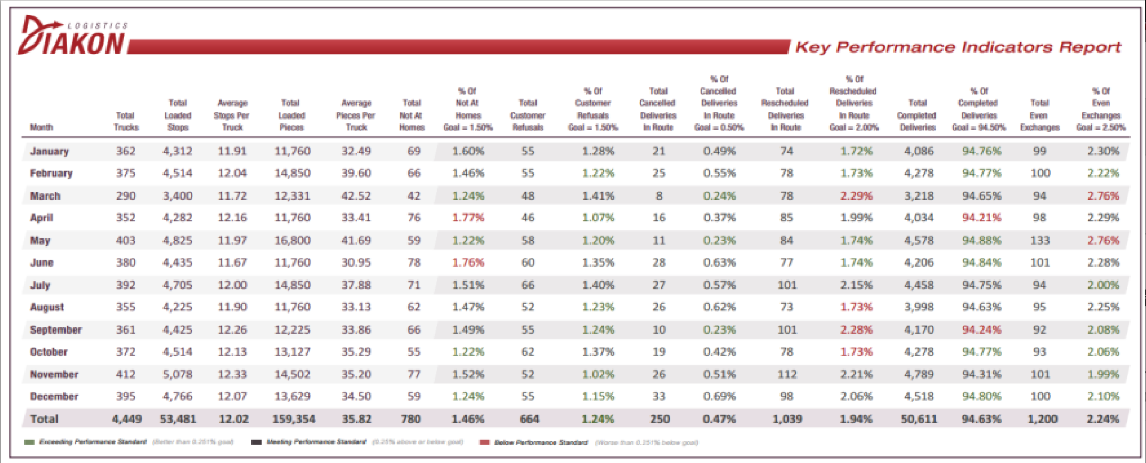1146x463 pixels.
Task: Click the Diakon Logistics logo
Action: tap(72, 37)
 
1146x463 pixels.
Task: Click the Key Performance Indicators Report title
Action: tap(958, 47)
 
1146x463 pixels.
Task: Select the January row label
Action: tap(50, 151)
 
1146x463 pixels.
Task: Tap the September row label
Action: tap(56, 330)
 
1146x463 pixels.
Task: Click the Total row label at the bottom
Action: tap(44, 419)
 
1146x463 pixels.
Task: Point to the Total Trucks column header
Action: tap(126, 121)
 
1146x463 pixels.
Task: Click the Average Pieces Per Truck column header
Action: tap(356, 115)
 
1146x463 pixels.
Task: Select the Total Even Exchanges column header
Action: tap(1040, 115)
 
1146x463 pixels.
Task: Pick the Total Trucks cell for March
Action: tap(126, 196)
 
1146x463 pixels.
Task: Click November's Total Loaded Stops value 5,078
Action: tap(178, 374)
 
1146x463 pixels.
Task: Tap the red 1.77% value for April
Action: tap(468, 218)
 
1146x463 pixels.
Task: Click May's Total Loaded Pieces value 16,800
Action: tap(292, 240)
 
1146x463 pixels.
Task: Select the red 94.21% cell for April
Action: tap(981, 218)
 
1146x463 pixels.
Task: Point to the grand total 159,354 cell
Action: tap(293, 419)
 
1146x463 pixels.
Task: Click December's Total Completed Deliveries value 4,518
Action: tap(919, 396)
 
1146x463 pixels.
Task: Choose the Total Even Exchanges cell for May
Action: tap(1040, 240)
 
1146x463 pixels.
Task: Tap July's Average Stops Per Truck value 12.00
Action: tap(232, 285)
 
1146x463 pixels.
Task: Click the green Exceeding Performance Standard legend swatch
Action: tap(29, 443)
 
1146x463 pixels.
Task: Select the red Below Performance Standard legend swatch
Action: tap(484, 443)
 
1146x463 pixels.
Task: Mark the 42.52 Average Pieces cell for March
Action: tap(356, 196)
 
